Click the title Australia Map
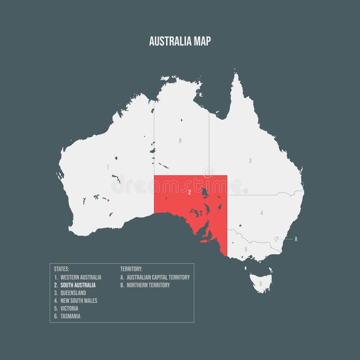point(180,41)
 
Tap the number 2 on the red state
point(190,192)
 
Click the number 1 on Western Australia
point(108,167)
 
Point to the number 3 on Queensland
point(250,161)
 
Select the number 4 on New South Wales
point(261,212)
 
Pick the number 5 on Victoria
point(246,249)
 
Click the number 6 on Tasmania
point(261,284)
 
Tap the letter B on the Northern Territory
point(180,141)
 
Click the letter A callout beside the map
point(296,239)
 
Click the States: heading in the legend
point(61,269)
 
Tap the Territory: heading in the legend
point(131,269)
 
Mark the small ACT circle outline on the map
point(278,239)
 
